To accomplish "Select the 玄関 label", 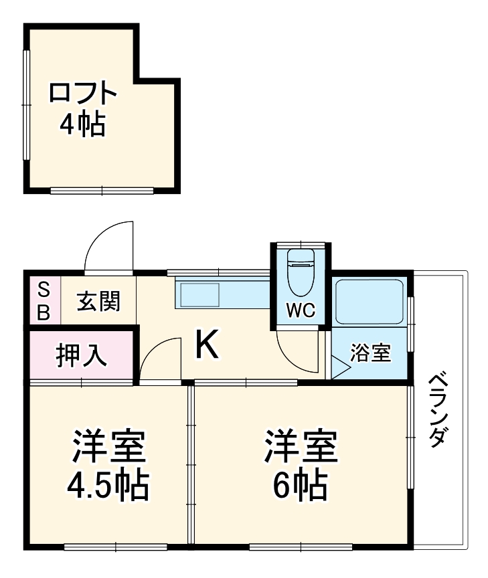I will click(x=98, y=302).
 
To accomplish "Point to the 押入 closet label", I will click(x=80, y=355).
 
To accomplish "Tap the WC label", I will click(x=301, y=310).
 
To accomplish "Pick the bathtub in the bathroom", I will click(x=369, y=301).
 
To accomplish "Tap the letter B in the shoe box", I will click(x=43, y=312).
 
